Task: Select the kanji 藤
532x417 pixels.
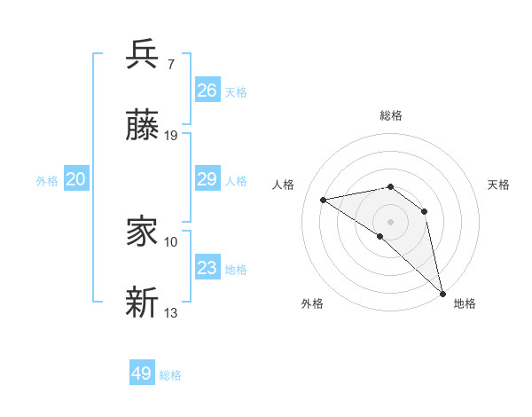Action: [143, 126]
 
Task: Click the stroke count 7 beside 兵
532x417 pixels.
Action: [171, 65]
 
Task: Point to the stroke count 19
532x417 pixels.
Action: [171, 136]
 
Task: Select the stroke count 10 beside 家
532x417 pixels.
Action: [171, 241]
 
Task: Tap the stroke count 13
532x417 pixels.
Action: [171, 313]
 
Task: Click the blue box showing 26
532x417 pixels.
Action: [207, 90]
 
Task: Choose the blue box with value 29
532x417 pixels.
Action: [207, 179]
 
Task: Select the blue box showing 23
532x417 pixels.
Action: [207, 268]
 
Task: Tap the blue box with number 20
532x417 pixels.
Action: [76, 179]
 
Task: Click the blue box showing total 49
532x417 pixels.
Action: [142, 374]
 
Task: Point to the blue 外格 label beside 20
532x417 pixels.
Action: [47, 181]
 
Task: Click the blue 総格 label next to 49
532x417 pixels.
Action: [170, 375]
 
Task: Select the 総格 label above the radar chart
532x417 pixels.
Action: [391, 116]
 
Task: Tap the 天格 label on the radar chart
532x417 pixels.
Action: [498, 185]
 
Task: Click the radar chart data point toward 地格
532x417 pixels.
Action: [442, 292]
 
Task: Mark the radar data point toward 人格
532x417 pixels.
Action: [324, 200]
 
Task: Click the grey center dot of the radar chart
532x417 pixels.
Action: [390, 221]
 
